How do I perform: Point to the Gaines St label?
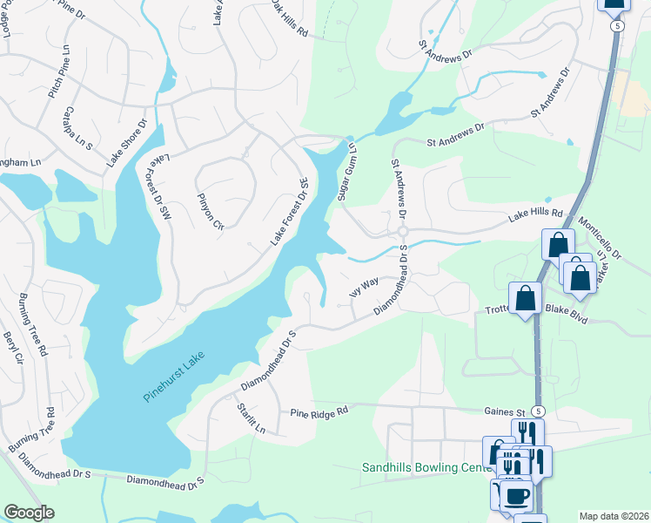pyautogui.click(x=502, y=411)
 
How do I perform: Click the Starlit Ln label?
pyautogui.click(x=250, y=418)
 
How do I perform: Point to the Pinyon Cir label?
pyautogui.click(x=211, y=212)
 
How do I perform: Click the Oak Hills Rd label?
pyautogui.click(x=287, y=20)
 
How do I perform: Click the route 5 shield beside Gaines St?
pyautogui.click(x=539, y=411)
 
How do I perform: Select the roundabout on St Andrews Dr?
pyautogui.click(x=402, y=231)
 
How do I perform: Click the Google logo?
pyautogui.click(x=29, y=513)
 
